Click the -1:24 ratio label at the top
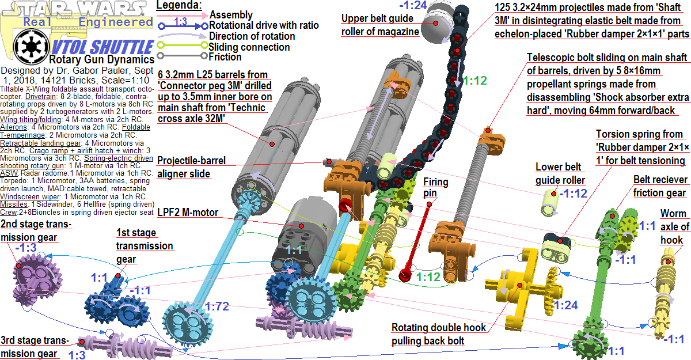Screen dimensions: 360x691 [415, 6]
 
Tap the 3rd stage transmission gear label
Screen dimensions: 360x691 [34, 346]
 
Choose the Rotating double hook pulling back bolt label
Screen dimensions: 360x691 [439, 334]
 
